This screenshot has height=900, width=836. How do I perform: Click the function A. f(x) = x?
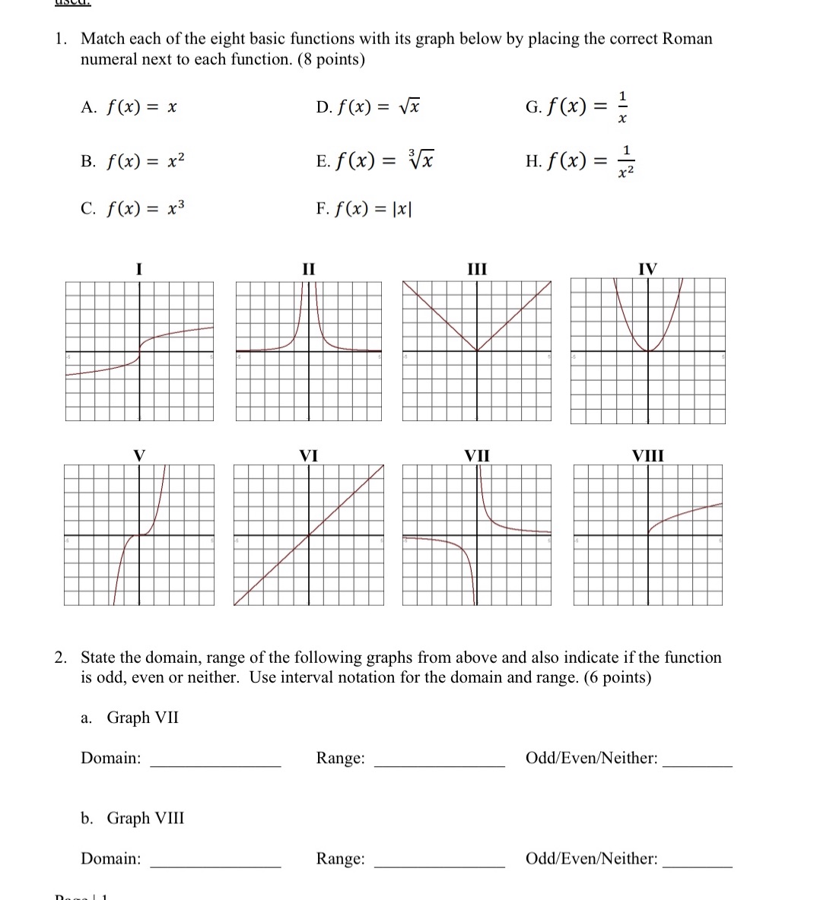click(129, 108)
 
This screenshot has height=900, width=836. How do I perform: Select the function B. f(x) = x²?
click(133, 161)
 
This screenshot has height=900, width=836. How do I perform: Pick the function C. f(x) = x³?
click(133, 208)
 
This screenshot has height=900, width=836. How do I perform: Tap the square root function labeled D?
click(369, 107)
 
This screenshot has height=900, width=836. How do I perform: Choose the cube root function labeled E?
click(375, 160)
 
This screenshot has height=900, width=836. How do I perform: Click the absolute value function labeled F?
click(364, 208)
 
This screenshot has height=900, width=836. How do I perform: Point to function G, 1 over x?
click(578, 107)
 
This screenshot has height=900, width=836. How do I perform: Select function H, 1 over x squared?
click(580, 161)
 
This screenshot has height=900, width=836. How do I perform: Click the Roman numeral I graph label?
click(138, 268)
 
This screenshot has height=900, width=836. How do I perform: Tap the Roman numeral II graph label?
click(308, 268)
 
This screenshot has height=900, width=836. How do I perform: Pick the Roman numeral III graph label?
click(477, 268)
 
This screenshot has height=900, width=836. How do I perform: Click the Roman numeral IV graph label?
click(647, 268)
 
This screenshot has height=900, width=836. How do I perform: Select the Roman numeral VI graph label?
click(308, 455)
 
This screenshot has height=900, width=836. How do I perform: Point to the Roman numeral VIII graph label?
click(648, 455)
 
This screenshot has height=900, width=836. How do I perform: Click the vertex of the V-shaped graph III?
click(477, 351)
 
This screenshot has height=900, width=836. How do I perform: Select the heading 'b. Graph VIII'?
click(132, 818)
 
